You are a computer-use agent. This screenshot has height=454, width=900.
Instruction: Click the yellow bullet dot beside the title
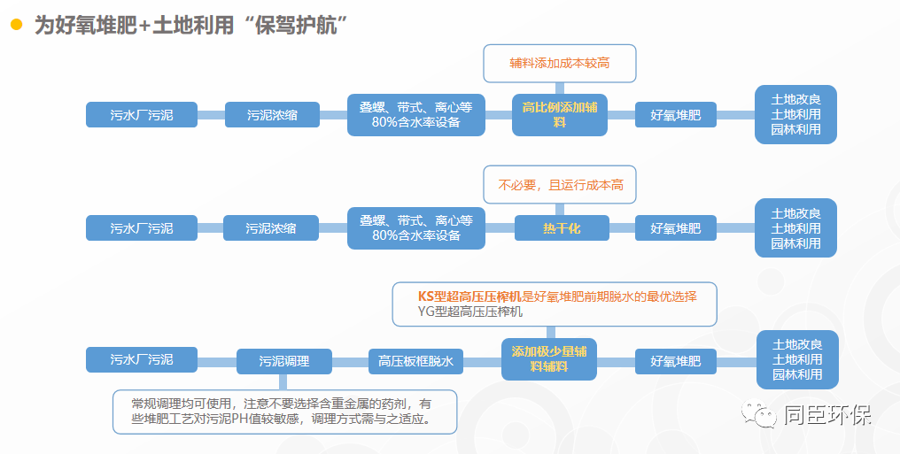coord(17,25)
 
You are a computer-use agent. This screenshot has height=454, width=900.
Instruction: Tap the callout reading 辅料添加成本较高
coord(560,64)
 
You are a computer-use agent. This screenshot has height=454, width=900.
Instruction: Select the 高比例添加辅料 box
coord(560,115)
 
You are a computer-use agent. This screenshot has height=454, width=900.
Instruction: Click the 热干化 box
coord(562,228)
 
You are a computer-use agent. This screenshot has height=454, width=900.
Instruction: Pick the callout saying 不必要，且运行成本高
coord(560,185)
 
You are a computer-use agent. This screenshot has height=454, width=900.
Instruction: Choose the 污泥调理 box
coord(284,361)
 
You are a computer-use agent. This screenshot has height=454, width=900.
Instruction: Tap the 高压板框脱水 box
coord(415,361)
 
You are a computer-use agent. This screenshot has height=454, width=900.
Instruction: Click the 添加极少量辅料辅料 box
coord(548,358)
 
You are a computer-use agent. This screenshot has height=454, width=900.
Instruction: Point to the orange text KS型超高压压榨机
coord(469,296)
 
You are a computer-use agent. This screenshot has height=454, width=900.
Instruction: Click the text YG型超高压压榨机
coord(470,312)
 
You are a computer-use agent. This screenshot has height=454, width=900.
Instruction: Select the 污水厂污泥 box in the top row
coord(142,115)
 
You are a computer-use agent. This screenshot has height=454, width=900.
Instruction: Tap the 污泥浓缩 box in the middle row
coord(271,228)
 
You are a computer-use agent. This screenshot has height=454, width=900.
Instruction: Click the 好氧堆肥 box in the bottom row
coord(676,361)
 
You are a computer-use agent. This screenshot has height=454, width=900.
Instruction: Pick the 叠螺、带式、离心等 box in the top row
coord(416,115)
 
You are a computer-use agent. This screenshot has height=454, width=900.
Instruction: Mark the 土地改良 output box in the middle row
coord(795,227)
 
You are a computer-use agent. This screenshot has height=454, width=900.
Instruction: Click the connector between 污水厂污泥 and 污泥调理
coord(217,361)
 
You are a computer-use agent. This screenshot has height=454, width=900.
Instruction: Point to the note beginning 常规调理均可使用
coord(284,412)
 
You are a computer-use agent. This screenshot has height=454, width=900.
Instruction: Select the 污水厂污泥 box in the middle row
coord(142,228)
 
